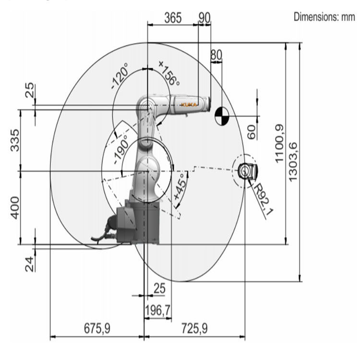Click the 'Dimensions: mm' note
[324, 17]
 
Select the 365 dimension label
[173, 18]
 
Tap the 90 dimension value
[204, 18]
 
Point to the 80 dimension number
[216, 55]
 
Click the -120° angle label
[120, 76]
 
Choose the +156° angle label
[169, 73]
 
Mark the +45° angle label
[180, 187]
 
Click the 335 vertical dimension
[15, 140]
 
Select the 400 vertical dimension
[15, 208]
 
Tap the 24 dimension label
[30, 264]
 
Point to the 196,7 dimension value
[158, 311]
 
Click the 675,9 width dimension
[97, 328]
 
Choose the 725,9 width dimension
[194, 328]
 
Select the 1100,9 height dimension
[279, 144]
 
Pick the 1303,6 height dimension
[293, 162]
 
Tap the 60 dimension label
[252, 132]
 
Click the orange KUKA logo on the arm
[189, 105]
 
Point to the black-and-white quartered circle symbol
[222, 116]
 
